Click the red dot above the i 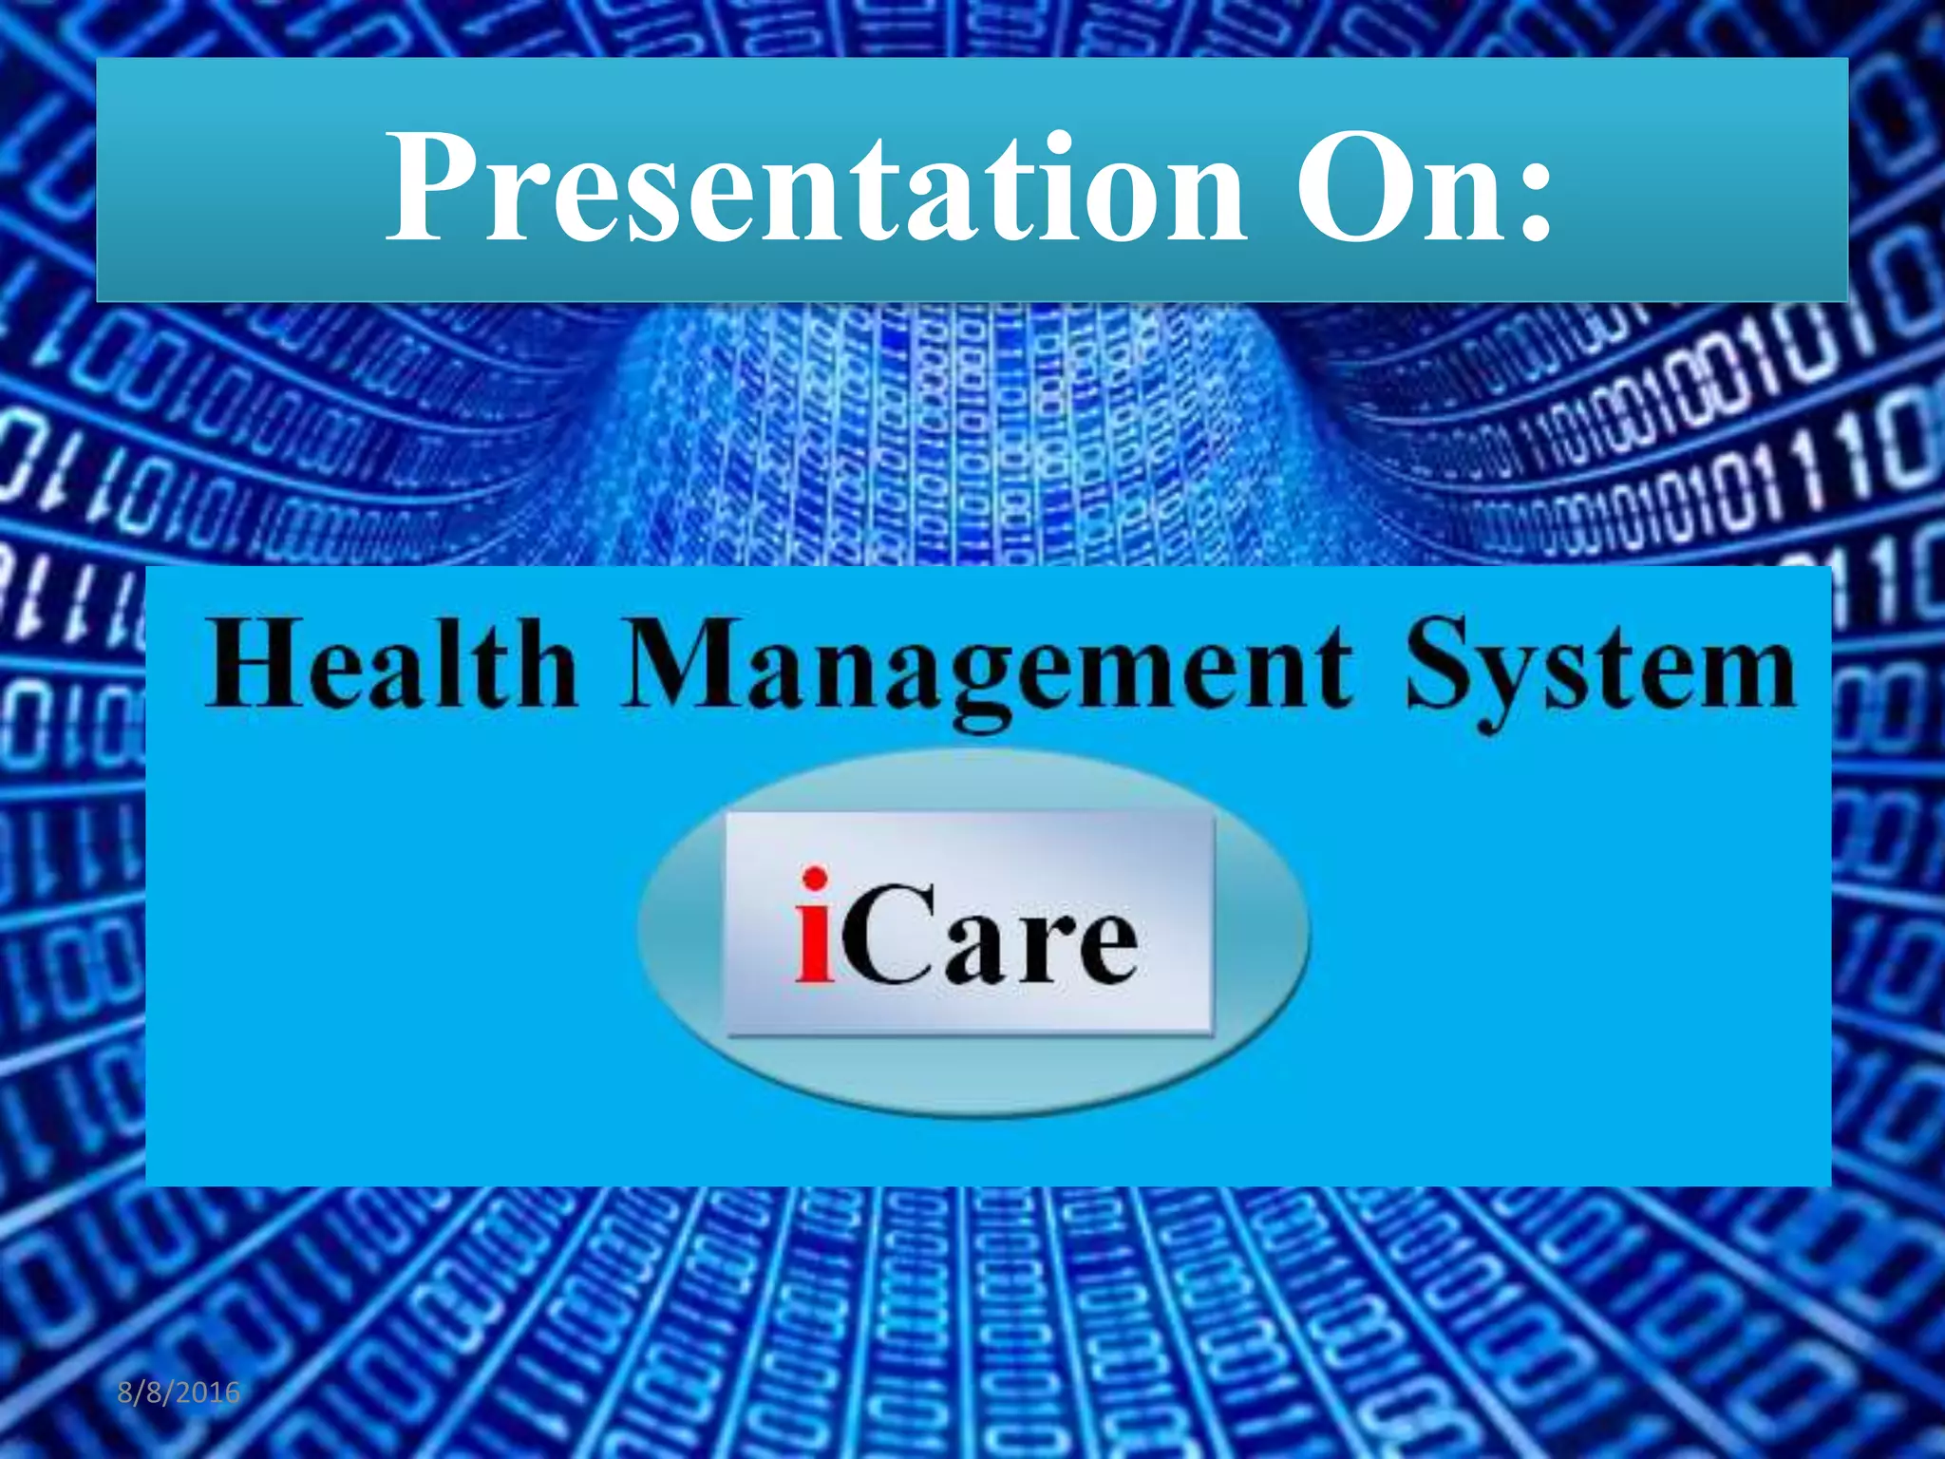(814, 879)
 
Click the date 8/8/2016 (179, 1393)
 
